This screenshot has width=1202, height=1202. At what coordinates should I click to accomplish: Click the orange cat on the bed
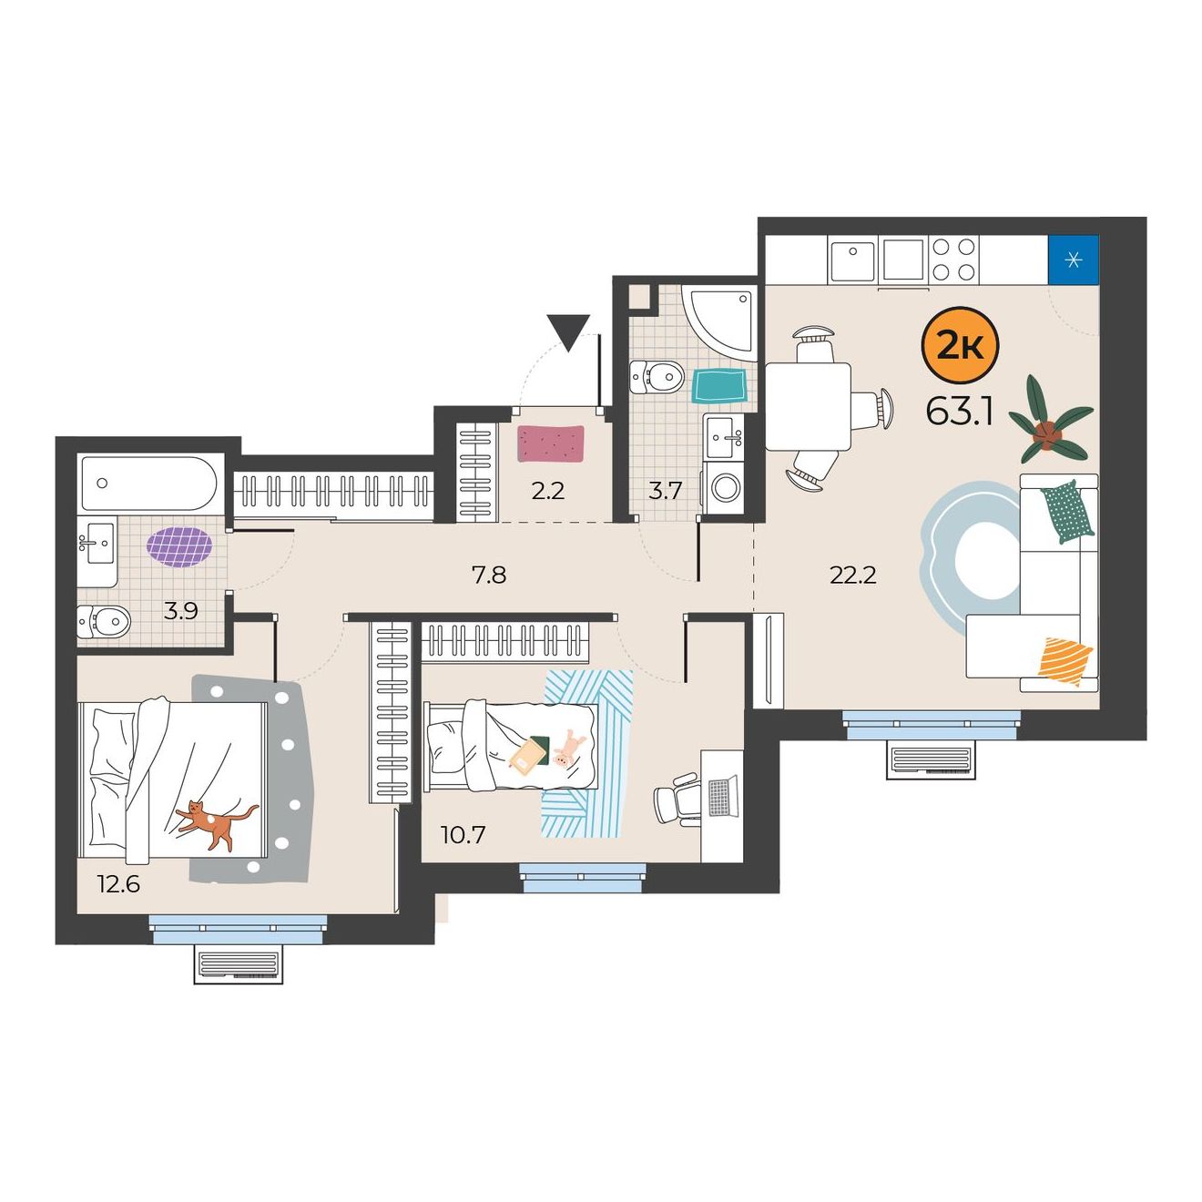pos(216,824)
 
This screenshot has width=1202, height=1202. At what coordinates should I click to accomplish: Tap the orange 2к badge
pos(960,347)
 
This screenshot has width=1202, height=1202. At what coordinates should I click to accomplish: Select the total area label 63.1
pos(959,413)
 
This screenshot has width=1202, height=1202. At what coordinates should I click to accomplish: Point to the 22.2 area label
pos(852,576)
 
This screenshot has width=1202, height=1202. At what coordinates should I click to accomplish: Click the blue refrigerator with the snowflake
pos(1073,260)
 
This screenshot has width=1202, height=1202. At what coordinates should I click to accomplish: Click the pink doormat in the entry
pos(550,443)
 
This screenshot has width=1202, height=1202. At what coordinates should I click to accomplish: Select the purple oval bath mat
pos(179,547)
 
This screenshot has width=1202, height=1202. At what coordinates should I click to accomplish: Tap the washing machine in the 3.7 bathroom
pos(724,487)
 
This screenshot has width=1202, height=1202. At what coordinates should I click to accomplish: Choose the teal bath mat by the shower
pos(719,386)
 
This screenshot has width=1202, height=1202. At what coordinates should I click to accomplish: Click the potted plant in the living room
pos(1050,420)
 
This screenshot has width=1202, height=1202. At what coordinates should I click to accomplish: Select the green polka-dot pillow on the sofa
pos(1067,512)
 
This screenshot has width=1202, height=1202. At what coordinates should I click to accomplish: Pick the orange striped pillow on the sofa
pos(1064,661)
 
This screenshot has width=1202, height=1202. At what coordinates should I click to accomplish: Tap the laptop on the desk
pos(722,796)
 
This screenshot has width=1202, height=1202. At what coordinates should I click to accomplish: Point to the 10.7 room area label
pos(463,834)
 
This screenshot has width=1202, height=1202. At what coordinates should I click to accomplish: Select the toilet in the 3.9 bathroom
pos(104,621)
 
